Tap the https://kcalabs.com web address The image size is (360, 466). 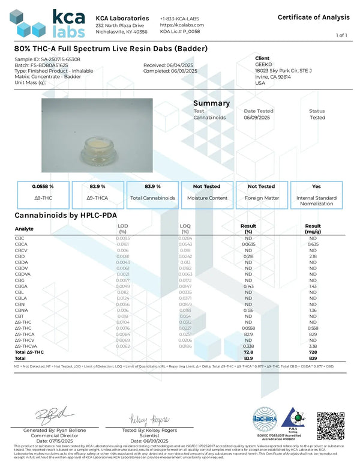click(182, 25)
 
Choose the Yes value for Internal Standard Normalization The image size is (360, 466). click(317, 187)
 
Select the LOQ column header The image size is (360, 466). click(185, 226)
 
